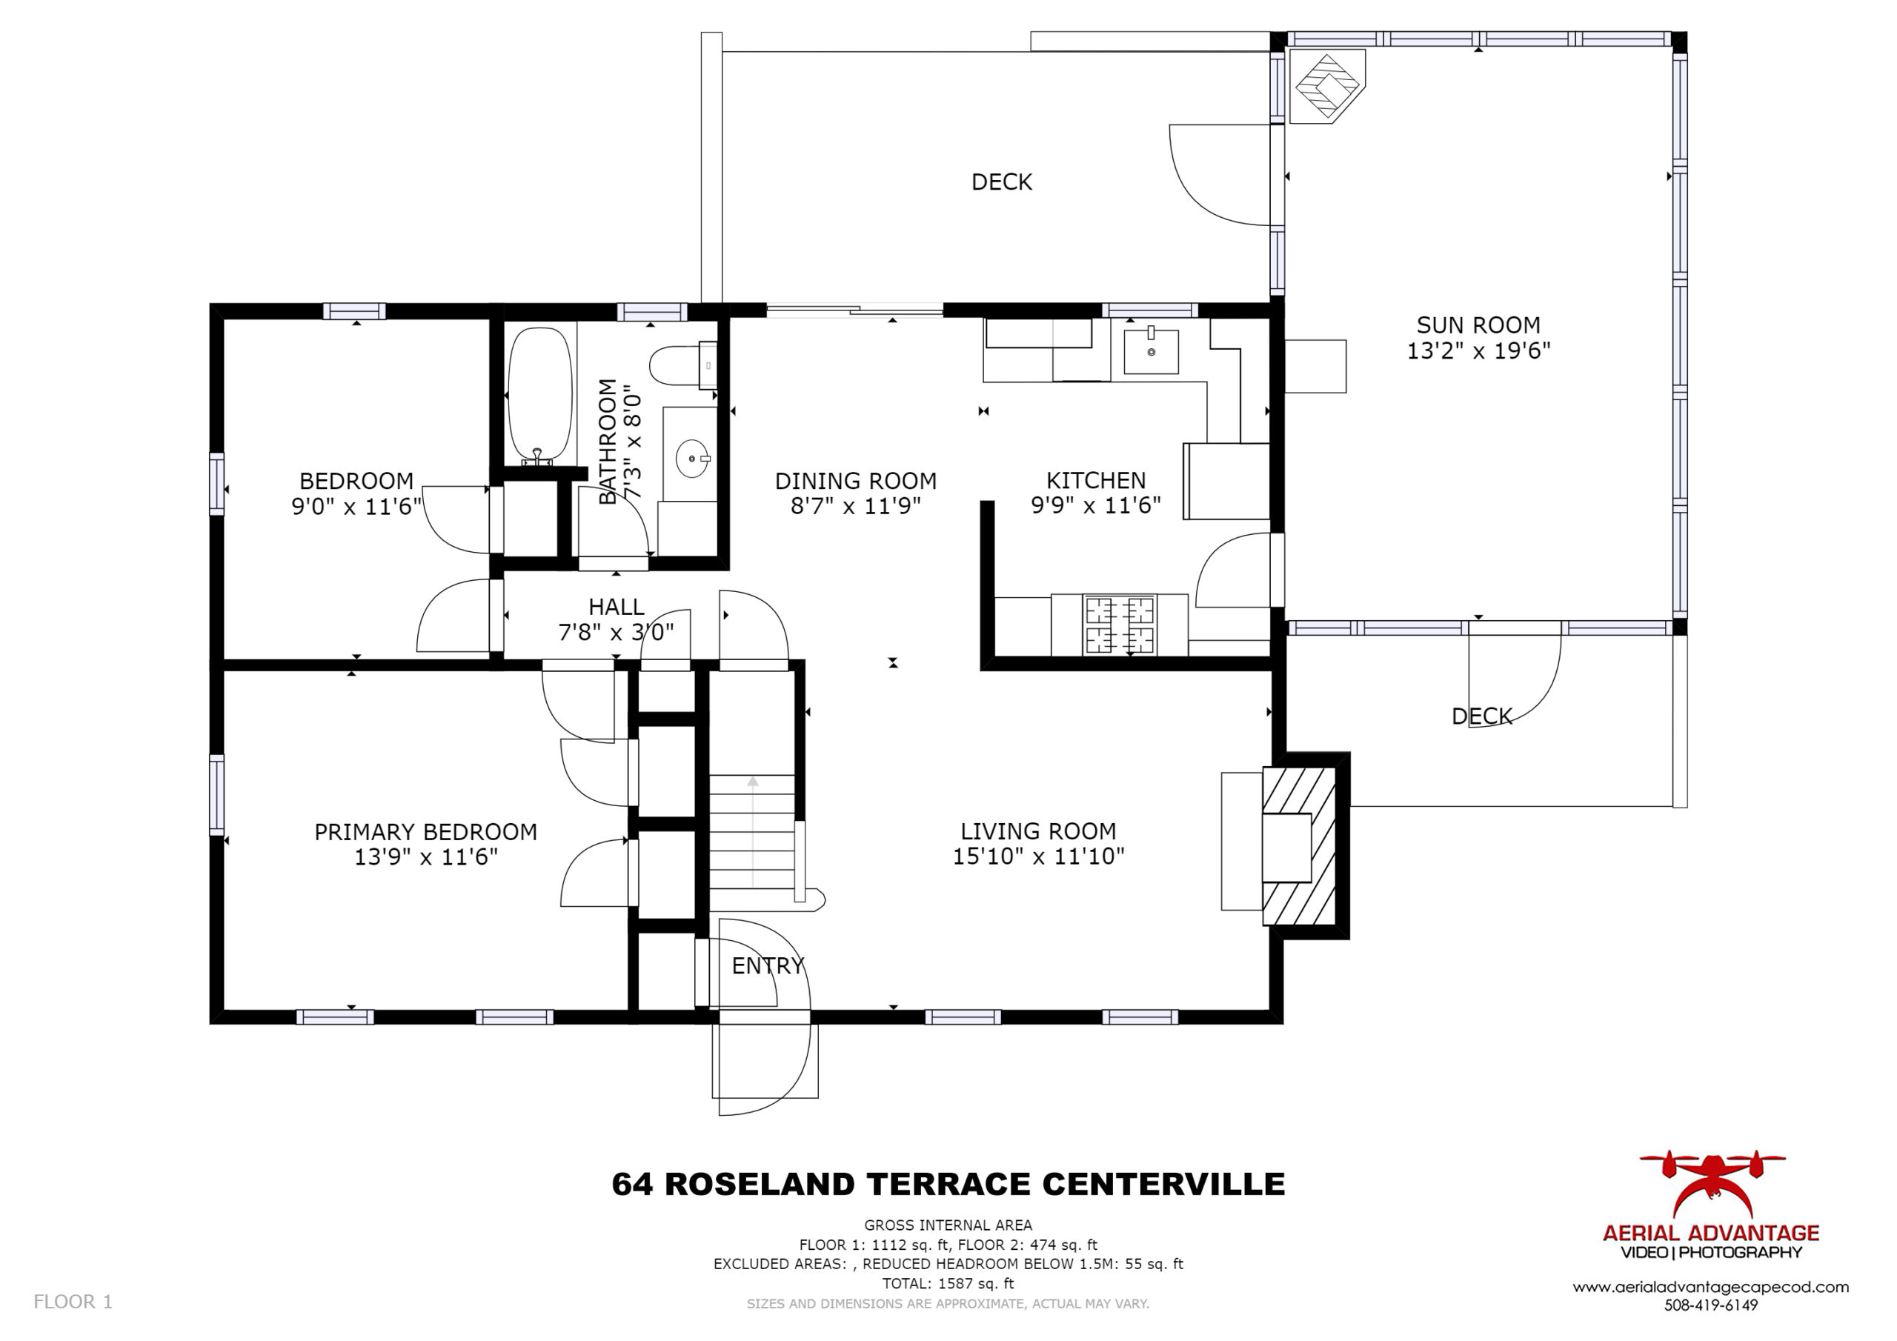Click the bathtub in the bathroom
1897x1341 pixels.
click(x=539, y=396)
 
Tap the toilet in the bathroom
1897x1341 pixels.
click(x=682, y=365)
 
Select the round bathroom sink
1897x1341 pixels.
click(x=692, y=458)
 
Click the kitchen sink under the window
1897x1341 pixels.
click(x=1150, y=350)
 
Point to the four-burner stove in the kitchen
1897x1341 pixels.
click(x=1120, y=625)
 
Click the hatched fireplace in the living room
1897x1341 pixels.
click(x=1299, y=846)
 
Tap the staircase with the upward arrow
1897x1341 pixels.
click(x=752, y=831)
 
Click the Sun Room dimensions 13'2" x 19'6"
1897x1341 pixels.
click(x=1478, y=351)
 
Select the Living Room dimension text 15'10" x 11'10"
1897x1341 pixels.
click(x=1039, y=856)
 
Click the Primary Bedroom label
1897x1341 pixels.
click(x=425, y=832)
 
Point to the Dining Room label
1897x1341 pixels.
click(x=855, y=481)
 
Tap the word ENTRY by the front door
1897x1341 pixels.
click(x=768, y=966)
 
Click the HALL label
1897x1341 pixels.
click(x=617, y=608)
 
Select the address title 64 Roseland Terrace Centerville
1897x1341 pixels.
click(x=948, y=1184)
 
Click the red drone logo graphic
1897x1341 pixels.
click(x=1712, y=1182)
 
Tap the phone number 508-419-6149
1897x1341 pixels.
click(x=1710, y=1305)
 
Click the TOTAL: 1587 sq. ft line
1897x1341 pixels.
click(x=948, y=1283)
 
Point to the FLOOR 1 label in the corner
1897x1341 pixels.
click(x=73, y=1302)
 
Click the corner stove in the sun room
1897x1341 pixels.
click(x=1327, y=86)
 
